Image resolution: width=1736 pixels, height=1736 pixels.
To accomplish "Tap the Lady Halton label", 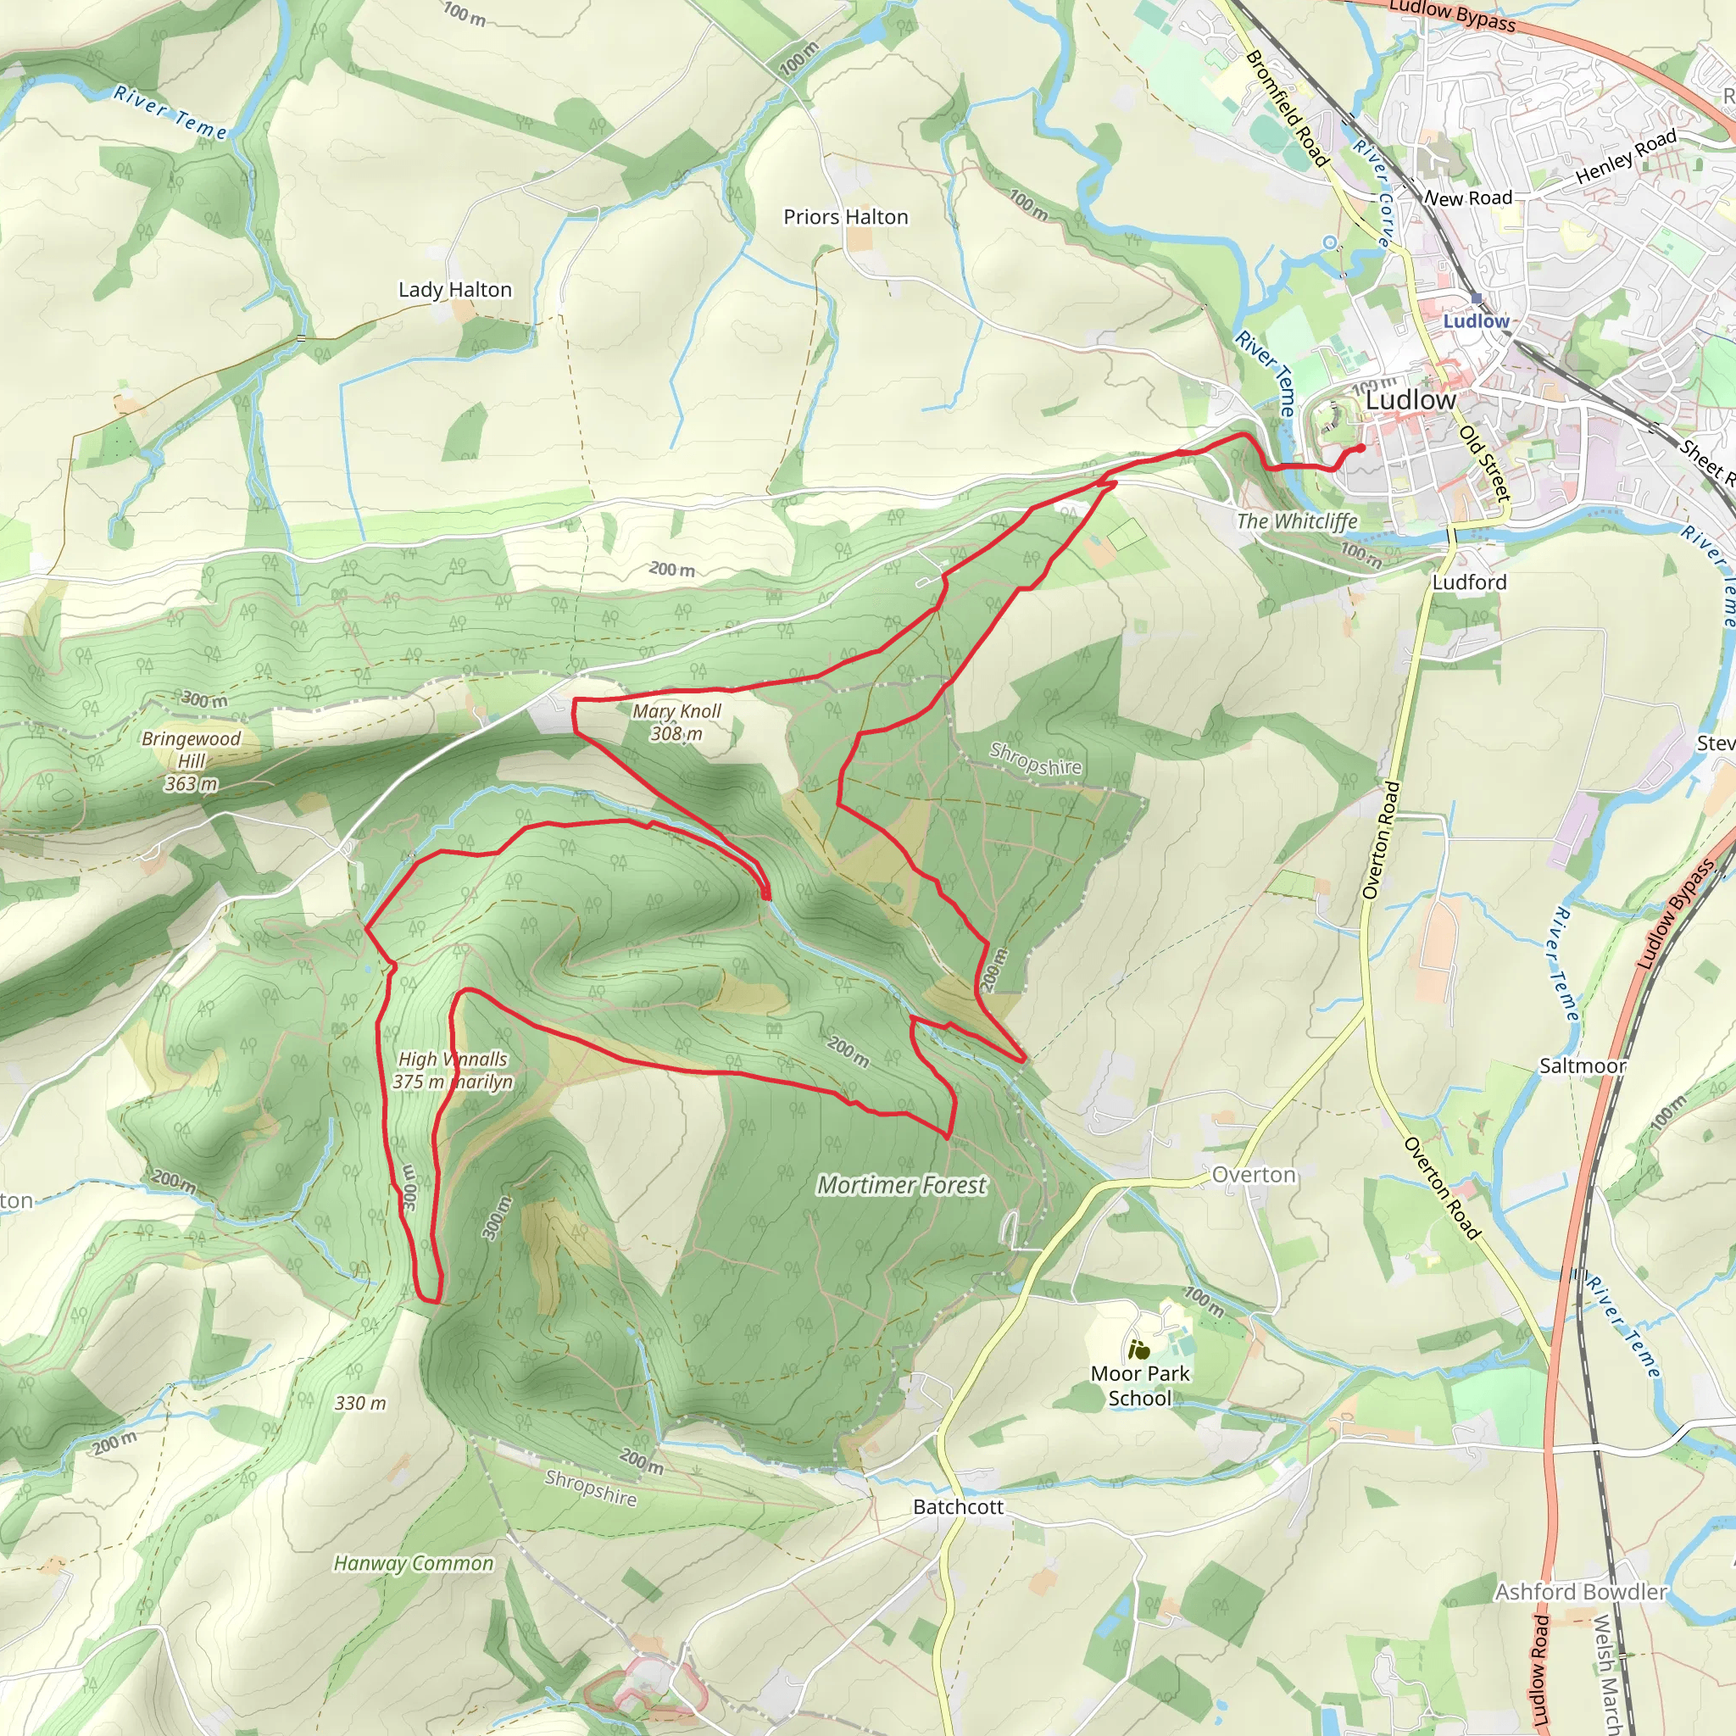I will (454, 289).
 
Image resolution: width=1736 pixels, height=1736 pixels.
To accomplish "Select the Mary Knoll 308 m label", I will (676, 722).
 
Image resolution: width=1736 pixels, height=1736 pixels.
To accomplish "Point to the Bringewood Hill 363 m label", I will (192, 761).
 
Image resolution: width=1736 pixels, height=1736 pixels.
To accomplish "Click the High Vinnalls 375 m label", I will (453, 1071).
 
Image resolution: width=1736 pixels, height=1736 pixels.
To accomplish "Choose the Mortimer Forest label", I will (901, 1186).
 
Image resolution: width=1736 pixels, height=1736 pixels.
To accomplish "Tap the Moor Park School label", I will (1139, 1386).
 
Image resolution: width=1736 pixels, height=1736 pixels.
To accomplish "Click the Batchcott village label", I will (958, 1507).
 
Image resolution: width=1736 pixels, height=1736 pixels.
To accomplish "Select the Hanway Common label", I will (414, 1563).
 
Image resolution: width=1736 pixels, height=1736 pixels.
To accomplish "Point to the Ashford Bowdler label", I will (1581, 1592).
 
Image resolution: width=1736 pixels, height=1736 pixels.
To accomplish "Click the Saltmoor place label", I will (1583, 1066).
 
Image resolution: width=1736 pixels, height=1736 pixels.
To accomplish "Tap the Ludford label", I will (1469, 582).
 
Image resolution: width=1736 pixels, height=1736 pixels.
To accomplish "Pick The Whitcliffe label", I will (1297, 521).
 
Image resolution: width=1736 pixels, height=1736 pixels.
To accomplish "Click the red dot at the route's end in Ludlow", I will (1361, 448).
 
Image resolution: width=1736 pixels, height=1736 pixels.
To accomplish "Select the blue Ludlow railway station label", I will (1477, 320).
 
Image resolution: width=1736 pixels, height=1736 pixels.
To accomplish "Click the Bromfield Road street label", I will (1287, 108).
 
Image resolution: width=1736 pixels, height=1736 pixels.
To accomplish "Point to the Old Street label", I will (1484, 464).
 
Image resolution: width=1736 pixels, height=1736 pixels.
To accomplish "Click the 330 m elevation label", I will (360, 1404).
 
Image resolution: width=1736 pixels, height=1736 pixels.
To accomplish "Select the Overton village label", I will (1254, 1176).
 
